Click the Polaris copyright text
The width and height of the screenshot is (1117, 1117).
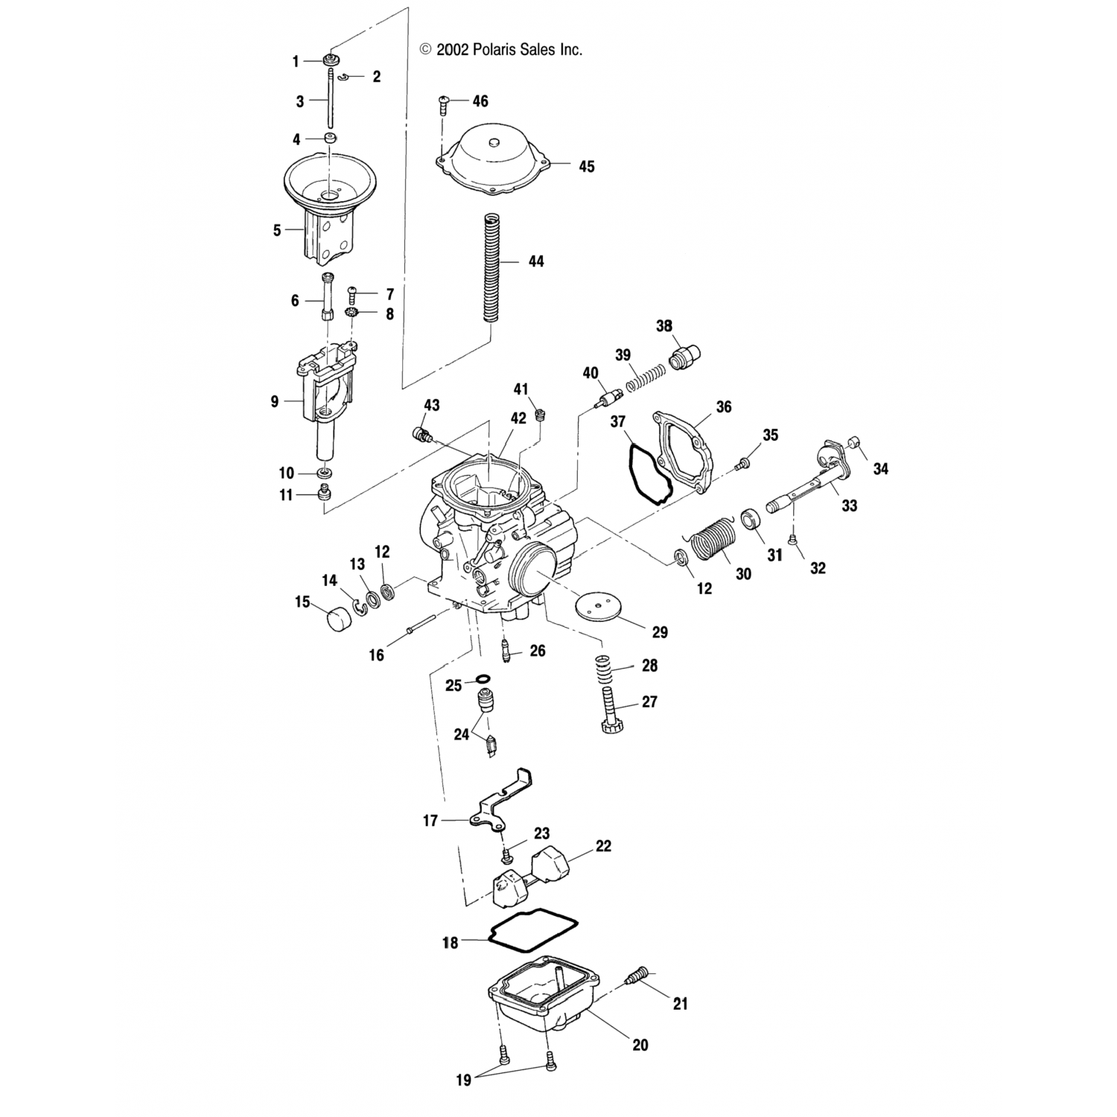500,50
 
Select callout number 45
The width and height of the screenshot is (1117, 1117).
587,166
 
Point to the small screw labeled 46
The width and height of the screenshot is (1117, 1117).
444,103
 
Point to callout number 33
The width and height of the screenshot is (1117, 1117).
850,506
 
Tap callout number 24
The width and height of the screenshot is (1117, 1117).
462,734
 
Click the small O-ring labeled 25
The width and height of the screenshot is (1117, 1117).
483,680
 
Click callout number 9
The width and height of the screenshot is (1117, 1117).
275,401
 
